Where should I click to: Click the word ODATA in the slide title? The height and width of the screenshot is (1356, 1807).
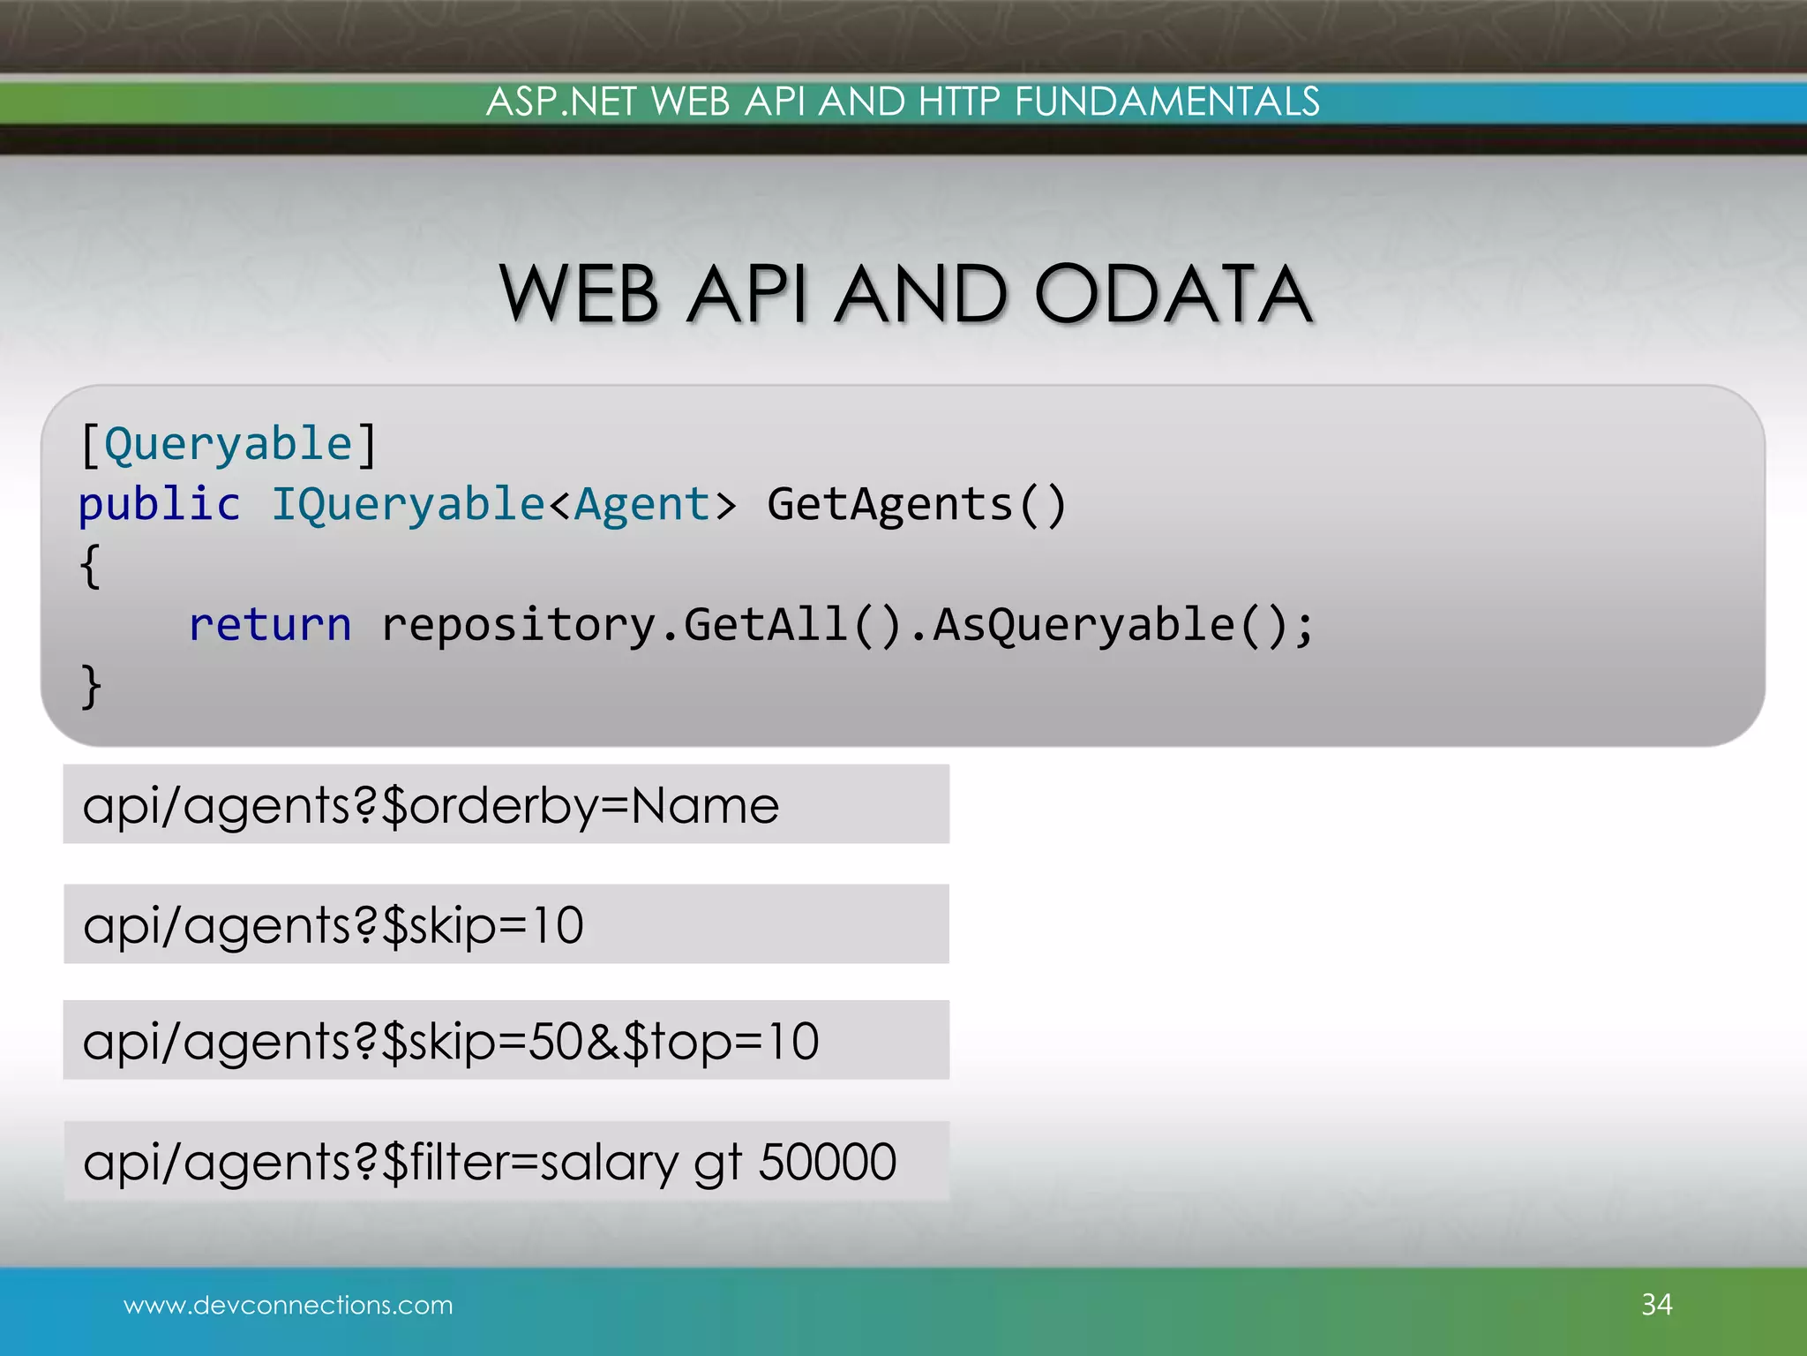coord(1173,294)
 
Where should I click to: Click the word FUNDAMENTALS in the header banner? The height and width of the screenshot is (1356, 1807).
coord(1166,102)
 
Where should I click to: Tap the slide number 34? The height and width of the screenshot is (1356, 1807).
coord(1656,1305)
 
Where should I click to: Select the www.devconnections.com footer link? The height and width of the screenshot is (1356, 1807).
coord(288,1305)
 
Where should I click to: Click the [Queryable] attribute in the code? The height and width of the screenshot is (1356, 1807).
coord(228,443)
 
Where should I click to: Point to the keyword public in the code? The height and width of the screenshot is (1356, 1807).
coord(159,504)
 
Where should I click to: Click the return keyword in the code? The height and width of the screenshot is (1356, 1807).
coord(270,625)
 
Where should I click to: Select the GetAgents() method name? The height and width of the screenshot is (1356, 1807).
coord(917,504)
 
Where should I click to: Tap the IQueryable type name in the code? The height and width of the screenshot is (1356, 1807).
coord(408,504)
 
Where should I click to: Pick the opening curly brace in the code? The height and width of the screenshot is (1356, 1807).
coord(90,565)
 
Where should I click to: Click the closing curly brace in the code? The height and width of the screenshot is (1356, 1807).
coord(90,686)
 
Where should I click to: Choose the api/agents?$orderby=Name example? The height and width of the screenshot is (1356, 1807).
coord(431,805)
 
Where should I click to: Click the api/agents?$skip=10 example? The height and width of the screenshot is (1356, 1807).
coord(334,925)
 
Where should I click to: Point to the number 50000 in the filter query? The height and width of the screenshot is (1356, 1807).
coord(827,1162)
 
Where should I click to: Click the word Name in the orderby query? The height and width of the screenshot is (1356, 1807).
coord(705,805)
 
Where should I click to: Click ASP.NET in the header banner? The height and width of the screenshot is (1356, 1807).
coord(561,102)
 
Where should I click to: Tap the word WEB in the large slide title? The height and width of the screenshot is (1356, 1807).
coord(579,294)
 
